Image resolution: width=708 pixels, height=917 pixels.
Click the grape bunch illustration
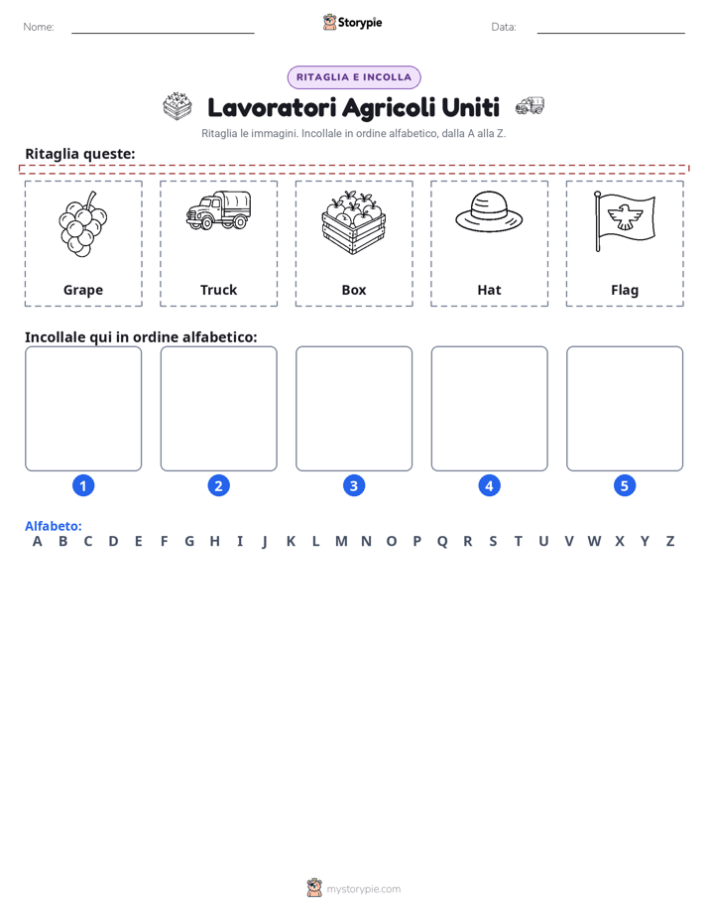point(83,224)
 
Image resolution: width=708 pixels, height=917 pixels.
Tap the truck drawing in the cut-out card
point(218,210)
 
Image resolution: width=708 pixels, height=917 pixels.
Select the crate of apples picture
point(354,223)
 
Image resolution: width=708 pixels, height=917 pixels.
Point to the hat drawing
point(489,211)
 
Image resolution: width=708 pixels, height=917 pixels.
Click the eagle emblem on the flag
point(625,217)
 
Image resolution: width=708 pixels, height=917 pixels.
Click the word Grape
point(83,290)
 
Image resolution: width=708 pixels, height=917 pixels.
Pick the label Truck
point(218,290)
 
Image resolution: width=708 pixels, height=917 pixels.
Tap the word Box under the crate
point(354,290)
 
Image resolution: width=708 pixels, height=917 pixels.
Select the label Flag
point(625,290)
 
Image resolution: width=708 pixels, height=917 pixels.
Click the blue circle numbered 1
point(83,485)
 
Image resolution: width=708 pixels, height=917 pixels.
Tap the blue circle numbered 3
point(354,485)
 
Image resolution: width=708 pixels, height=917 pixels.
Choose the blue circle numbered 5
point(625,485)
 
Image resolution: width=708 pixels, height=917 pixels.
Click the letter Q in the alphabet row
point(442,542)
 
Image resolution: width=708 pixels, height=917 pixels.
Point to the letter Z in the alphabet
point(670,541)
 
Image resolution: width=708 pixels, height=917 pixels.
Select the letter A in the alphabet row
point(38,541)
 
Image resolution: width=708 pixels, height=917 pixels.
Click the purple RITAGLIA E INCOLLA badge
point(354,77)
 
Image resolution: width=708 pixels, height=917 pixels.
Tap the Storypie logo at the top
point(352,22)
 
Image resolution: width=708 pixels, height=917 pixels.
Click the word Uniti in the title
point(471,107)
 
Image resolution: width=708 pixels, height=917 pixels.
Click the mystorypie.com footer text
point(363,889)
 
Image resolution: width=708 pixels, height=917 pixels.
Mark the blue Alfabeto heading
point(54,526)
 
